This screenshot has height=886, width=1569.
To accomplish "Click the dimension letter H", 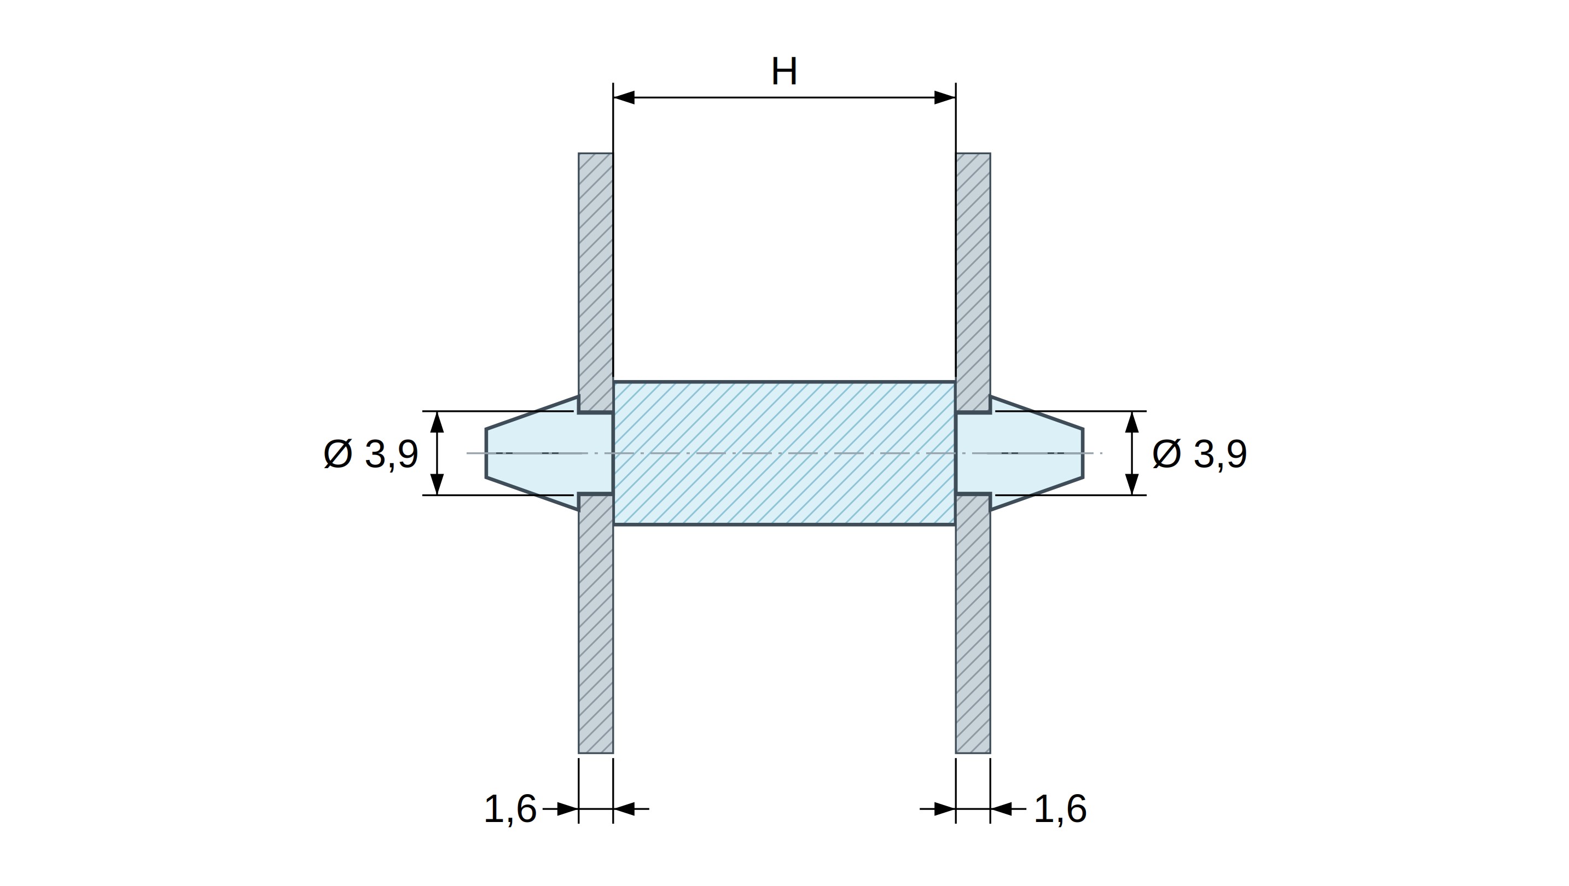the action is click(x=784, y=72).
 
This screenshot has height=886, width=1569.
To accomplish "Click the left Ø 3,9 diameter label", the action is click(x=371, y=454).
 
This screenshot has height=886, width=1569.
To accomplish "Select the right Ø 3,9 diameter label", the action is click(x=1199, y=454).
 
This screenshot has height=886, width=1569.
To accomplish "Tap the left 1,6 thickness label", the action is click(x=510, y=809).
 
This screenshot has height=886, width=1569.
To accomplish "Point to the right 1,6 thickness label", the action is click(x=1060, y=809).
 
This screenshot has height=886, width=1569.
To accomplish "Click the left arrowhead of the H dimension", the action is click(x=624, y=97).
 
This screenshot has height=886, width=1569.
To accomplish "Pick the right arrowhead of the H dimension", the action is click(x=945, y=97).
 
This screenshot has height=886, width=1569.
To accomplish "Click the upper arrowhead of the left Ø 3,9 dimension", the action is click(x=437, y=422).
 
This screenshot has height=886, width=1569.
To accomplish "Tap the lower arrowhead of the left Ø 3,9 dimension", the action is click(x=437, y=484).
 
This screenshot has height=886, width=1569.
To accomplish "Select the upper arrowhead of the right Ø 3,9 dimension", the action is click(x=1132, y=422).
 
